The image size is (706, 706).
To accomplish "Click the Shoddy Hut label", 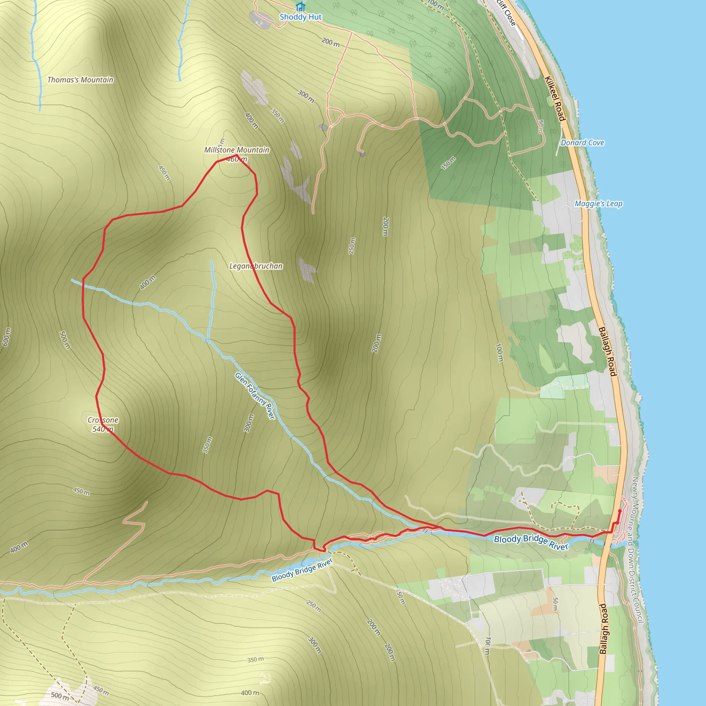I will pyautogui.click(x=300, y=17).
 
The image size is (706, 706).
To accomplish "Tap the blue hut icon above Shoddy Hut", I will pyautogui.click(x=300, y=7).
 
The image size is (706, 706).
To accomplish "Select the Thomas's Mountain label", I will pyautogui.click(x=80, y=80).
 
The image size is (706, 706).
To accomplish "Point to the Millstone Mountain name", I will pyautogui.click(x=236, y=150).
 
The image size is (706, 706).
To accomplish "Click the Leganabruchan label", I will pyautogui.click(x=256, y=266).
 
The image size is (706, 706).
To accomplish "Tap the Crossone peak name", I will pyautogui.click(x=103, y=420).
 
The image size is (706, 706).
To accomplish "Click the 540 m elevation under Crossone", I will pyautogui.click(x=103, y=429).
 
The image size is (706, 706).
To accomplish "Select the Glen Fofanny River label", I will pyautogui.click(x=255, y=396).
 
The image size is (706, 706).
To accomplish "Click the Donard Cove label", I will pyautogui.click(x=583, y=142).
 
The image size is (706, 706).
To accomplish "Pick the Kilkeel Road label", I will pyautogui.click(x=555, y=98).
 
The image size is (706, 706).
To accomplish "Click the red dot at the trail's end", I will pyautogui.click(x=620, y=511).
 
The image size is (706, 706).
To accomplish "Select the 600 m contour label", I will pyautogui.click(x=7, y=337).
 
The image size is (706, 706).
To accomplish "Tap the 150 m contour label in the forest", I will pyautogui.click(x=448, y=163).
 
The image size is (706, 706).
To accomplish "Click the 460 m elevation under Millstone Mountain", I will pyautogui.click(x=237, y=159).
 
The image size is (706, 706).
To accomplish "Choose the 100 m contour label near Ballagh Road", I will pyautogui.click(x=499, y=353).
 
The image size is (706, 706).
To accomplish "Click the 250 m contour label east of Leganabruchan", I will pyautogui.click(x=352, y=246).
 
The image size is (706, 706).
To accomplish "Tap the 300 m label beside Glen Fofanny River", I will pyautogui.click(x=249, y=423).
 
